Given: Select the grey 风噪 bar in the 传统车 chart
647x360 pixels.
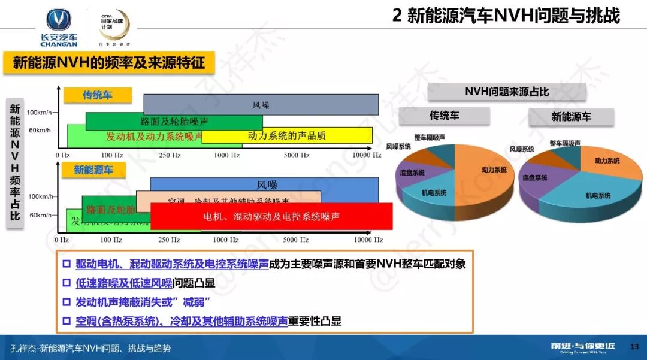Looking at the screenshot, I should click(x=261, y=105).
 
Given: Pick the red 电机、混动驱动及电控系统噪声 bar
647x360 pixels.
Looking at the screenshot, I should click(x=271, y=216).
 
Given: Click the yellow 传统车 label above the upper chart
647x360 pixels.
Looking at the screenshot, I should click(x=98, y=95).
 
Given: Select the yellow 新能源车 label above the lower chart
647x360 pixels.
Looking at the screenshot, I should click(x=93, y=170).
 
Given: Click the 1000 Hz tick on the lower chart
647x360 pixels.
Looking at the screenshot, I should click(x=226, y=240).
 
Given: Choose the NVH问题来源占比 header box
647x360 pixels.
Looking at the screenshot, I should click(x=507, y=92).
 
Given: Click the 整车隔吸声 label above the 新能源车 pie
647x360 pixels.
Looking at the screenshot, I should click(x=565, y=144).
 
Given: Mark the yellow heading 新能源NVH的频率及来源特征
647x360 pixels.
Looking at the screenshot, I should click(x=108, y=62).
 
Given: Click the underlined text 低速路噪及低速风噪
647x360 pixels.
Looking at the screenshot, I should click(x=124, y=283).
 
